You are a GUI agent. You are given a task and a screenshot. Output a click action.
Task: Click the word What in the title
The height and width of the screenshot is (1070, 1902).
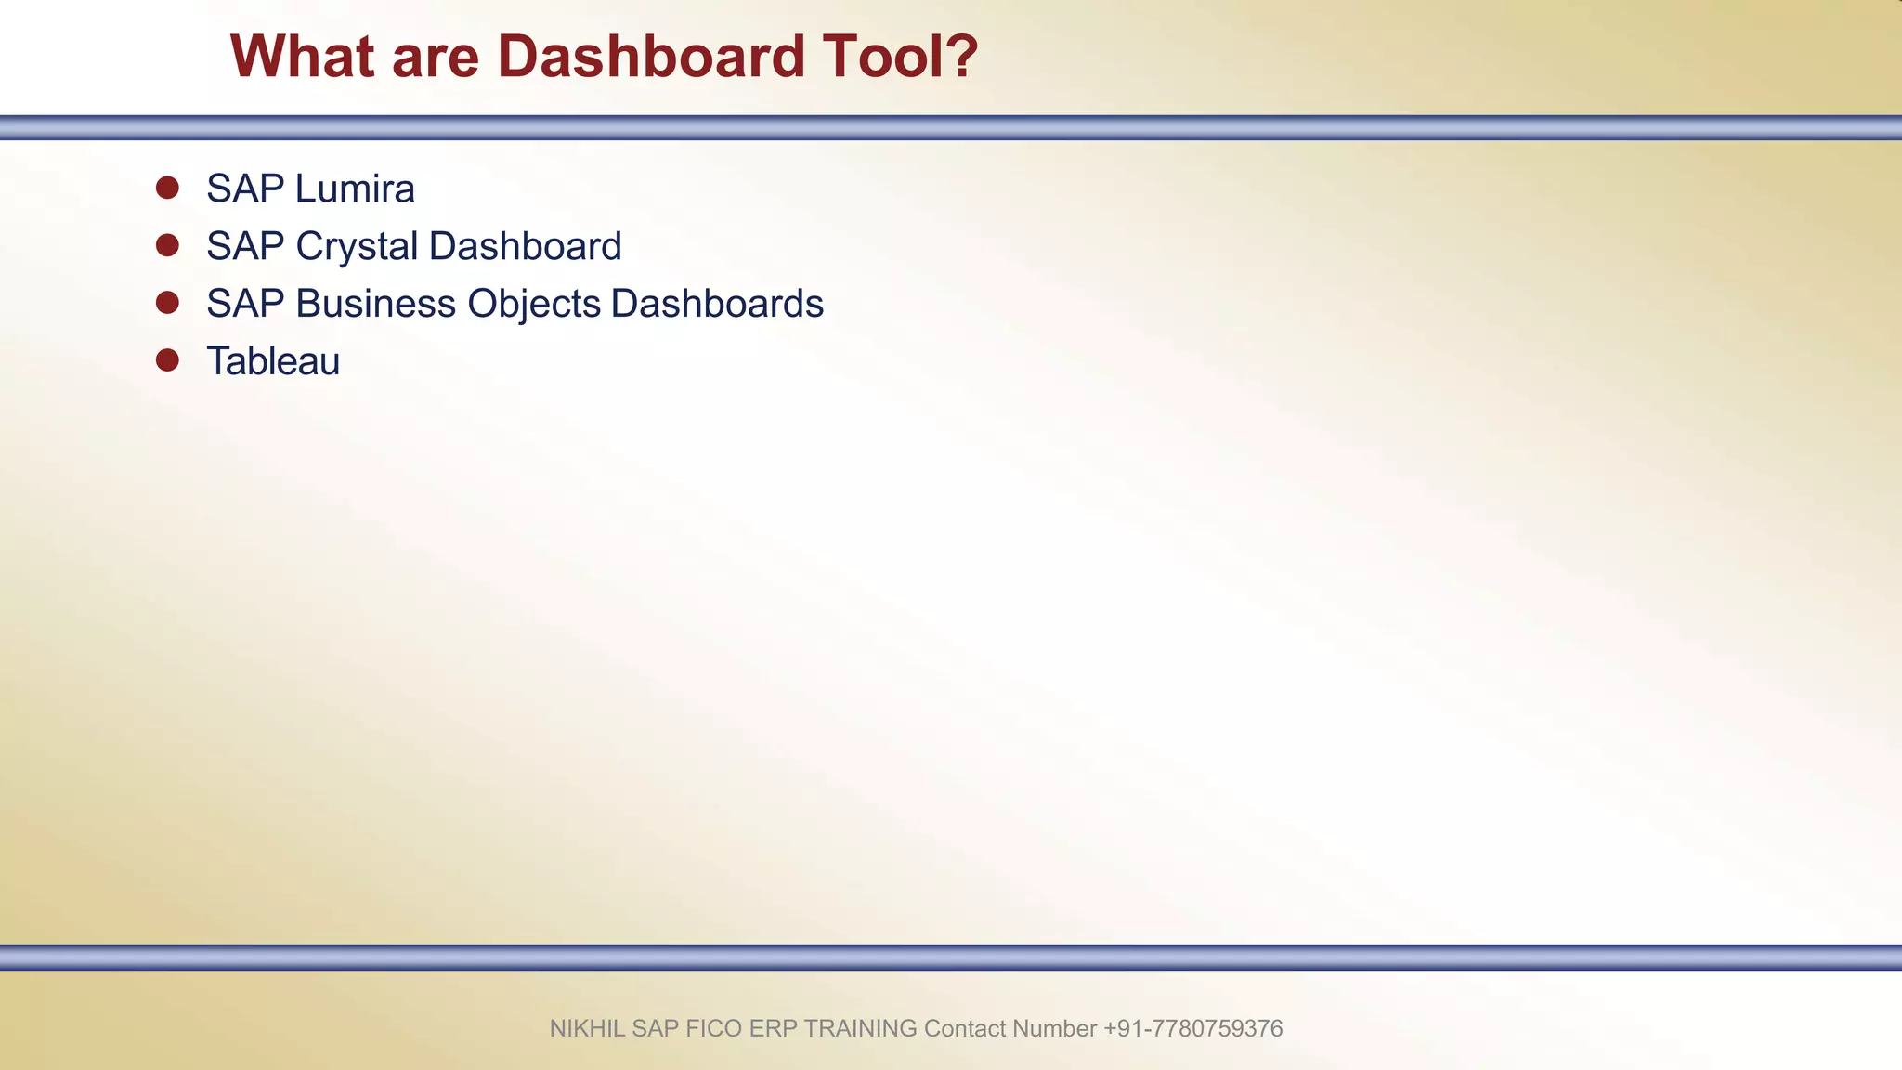pos(303,57)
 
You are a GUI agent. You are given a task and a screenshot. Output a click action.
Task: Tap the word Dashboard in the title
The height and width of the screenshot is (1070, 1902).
pos(651,57)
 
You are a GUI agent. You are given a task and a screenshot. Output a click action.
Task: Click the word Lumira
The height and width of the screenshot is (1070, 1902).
pos(355,189)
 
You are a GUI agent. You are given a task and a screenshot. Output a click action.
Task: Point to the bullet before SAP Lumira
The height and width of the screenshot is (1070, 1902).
pos(167,188)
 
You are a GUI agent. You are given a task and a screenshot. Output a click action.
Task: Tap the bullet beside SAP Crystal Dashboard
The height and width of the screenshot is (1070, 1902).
pos(167,245)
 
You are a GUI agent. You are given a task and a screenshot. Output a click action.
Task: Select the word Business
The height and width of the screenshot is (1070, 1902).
pos(376,304)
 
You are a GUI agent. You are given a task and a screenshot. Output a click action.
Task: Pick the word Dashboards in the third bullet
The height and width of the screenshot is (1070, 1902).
pos(717,304)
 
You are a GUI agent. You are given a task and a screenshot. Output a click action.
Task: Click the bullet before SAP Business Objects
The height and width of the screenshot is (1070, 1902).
pos(167,303)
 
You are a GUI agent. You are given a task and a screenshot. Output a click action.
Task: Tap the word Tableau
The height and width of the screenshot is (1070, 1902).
pos(273,361)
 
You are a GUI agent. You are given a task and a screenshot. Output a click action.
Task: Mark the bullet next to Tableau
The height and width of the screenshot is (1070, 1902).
pos(167,360)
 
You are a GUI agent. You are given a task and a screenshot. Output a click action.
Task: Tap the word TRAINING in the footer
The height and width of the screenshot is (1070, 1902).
pos(860,1028)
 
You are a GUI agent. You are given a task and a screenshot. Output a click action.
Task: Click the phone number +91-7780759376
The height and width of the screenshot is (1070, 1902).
pos(1192,1028)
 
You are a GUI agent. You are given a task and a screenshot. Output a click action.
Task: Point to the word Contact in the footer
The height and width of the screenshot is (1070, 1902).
pos(965,1028)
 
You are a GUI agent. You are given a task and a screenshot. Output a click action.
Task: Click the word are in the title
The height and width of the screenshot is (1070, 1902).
pos(436,57)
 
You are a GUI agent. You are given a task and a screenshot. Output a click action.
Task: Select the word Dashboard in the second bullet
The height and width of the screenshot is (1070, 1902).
pos(525,247)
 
